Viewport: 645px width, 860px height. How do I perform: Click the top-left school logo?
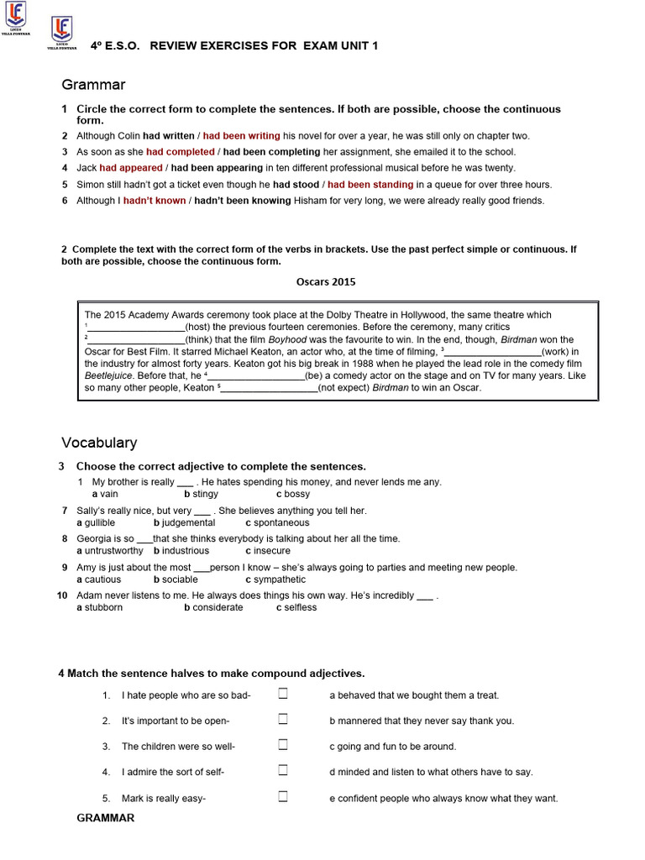point(15,14)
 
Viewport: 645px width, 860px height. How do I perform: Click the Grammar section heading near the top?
point(93,84)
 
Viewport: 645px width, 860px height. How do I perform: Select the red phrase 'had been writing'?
point(241,135)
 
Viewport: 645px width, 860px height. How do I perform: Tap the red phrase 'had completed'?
point(180,152)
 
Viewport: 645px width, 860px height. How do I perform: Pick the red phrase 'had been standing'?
point(370,185)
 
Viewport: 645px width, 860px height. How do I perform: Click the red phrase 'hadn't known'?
point(155,201)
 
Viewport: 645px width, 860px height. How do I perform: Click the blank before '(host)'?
point(136,328)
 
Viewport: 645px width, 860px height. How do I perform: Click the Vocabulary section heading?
point(99,443)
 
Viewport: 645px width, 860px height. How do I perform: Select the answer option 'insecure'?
point(271,551)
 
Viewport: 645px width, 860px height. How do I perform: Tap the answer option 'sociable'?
point(179,579)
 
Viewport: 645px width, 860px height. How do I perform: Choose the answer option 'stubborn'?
point(102,607)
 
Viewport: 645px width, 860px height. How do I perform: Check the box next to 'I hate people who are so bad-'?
point(283,694)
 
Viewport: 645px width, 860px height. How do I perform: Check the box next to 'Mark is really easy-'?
point(283,796)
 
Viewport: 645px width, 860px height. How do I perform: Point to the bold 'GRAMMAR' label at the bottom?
point(106,818)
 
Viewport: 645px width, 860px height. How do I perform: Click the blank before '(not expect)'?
point(269,389)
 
